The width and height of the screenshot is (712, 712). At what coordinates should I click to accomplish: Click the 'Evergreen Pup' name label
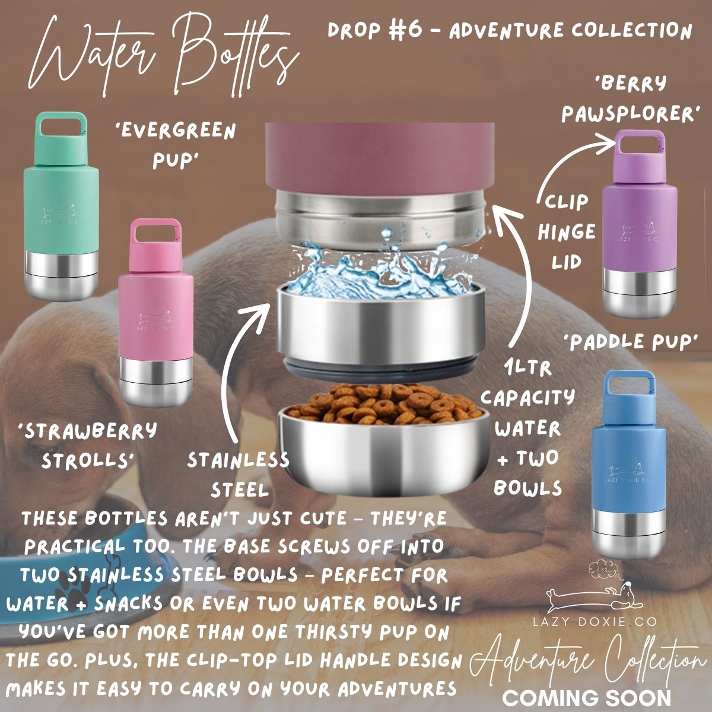pos(178,145)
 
